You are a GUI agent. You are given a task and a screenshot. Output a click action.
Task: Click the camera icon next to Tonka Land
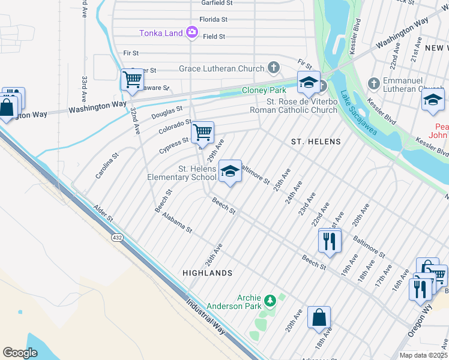point(192,32)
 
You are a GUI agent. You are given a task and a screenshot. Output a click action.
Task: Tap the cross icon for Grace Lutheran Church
point(274,68)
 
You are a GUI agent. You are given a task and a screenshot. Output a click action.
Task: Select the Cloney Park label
point(262,90)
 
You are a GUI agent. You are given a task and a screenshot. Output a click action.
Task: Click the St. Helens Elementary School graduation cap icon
point(229,171)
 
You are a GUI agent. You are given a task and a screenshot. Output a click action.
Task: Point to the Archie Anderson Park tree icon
point(270,299)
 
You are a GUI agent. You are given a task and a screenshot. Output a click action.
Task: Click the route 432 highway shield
point(115,238)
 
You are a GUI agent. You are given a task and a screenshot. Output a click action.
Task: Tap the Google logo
point(20,352)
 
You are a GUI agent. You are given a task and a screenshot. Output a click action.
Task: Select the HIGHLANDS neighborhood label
point(207,273)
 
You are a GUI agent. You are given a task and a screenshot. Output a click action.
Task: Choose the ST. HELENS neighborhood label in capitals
point(316,142)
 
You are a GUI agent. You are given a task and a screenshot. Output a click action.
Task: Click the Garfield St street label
point(217,3)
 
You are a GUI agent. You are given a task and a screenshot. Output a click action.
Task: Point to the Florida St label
point(215,19)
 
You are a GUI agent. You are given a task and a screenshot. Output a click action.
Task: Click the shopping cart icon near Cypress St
point(202,131)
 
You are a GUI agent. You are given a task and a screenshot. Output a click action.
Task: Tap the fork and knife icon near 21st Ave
point(330,240)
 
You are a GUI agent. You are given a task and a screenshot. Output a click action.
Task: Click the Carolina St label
point(104,169)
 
